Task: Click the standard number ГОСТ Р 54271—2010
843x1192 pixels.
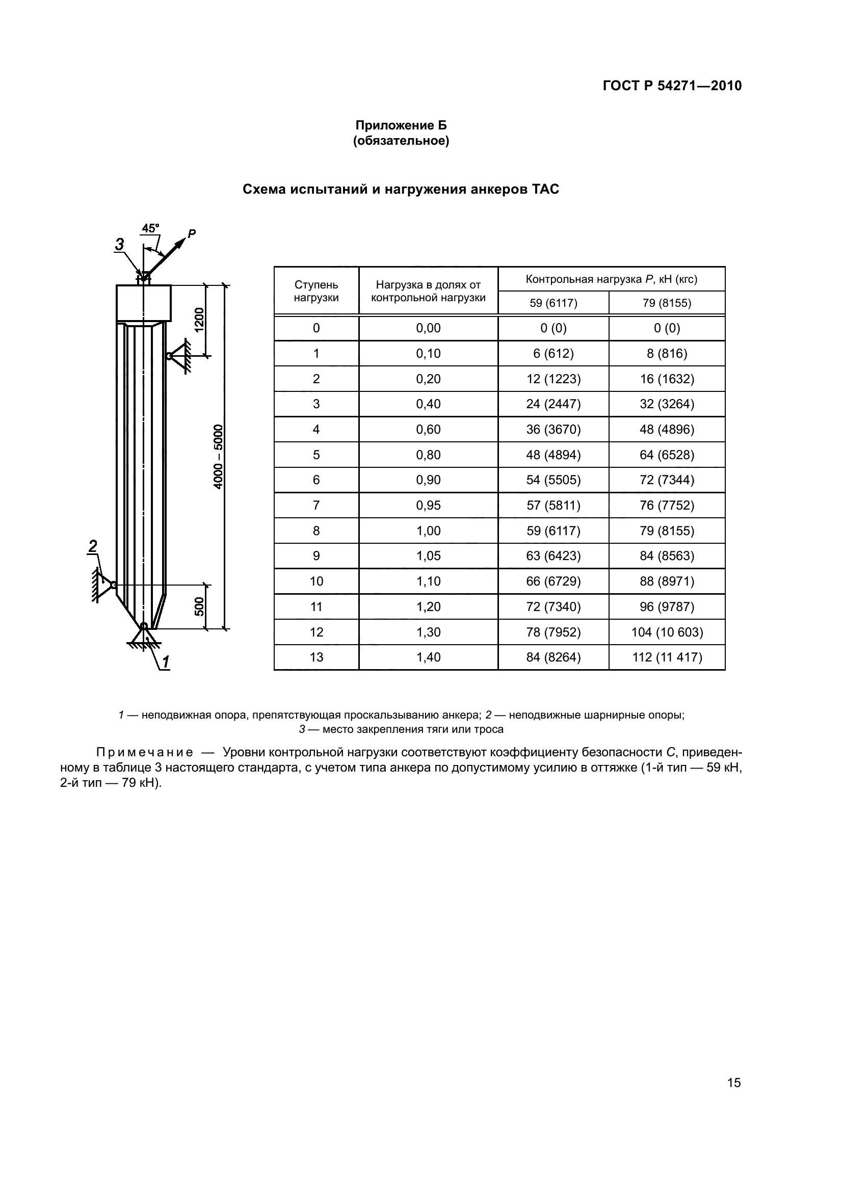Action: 672,86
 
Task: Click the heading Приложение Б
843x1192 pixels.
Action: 401,126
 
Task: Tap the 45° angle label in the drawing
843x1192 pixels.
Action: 150,228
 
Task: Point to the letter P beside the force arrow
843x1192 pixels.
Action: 192,233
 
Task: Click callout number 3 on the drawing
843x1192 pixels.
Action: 120,244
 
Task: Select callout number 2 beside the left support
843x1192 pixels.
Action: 93,546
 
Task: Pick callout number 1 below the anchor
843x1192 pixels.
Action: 166,662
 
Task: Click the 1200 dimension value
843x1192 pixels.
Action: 200,321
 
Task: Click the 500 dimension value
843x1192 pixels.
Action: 200,606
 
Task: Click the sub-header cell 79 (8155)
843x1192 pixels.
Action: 667,303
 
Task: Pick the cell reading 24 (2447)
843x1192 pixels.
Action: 554,405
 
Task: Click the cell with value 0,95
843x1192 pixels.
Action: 428,506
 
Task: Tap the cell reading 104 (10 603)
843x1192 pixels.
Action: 667,632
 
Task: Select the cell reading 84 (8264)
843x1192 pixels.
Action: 554,658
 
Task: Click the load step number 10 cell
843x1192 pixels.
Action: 316,581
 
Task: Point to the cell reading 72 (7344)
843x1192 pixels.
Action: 667,480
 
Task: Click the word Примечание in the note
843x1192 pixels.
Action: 145,753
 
